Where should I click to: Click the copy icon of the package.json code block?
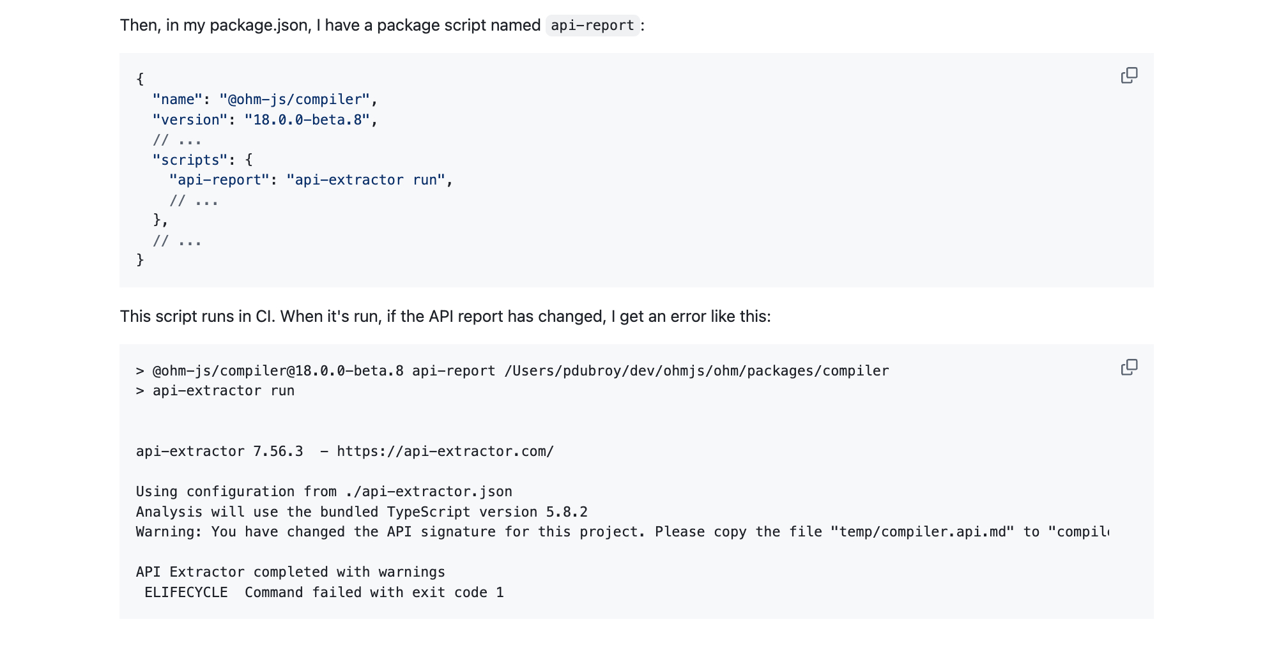(1129, 75)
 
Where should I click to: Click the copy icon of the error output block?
(1129, 367)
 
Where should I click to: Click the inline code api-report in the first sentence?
(592, 26)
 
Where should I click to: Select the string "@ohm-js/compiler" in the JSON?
(295, 100)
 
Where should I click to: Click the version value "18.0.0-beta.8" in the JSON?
(307, 120)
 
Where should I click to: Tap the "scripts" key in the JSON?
(190, 160)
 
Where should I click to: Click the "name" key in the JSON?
(177, 100)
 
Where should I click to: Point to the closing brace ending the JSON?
(140, 260)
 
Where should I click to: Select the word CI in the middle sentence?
(264, 317)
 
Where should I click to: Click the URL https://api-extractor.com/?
(445, 451)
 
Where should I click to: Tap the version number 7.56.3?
(278, 451)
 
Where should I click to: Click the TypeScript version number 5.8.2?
(567, 512)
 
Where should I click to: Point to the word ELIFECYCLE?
(186, 593)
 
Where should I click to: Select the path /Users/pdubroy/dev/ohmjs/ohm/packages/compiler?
(696, 371)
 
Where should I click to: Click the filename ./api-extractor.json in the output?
(428, 492)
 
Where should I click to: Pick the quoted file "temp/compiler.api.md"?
(922, 532)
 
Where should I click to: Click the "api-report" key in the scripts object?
(219, 180)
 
